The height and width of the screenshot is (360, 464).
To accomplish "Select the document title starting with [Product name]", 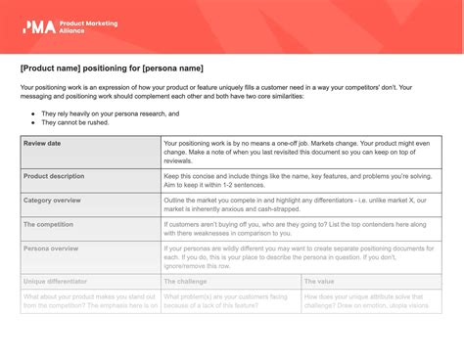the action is (111, 68).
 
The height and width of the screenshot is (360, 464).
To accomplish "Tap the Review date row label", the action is (42, 143).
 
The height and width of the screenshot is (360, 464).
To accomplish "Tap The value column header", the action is (319, 282).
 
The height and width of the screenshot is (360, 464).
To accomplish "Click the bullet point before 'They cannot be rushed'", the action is (32, 123).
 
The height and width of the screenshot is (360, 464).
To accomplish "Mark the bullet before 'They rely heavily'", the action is (32, 113).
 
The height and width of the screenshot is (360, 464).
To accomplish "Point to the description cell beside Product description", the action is (301, 181).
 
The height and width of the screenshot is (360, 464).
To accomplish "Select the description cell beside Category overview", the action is (301, 204).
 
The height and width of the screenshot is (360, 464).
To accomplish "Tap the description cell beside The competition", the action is (301, 229).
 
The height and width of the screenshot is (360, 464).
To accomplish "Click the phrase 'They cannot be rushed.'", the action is (75, 123).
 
